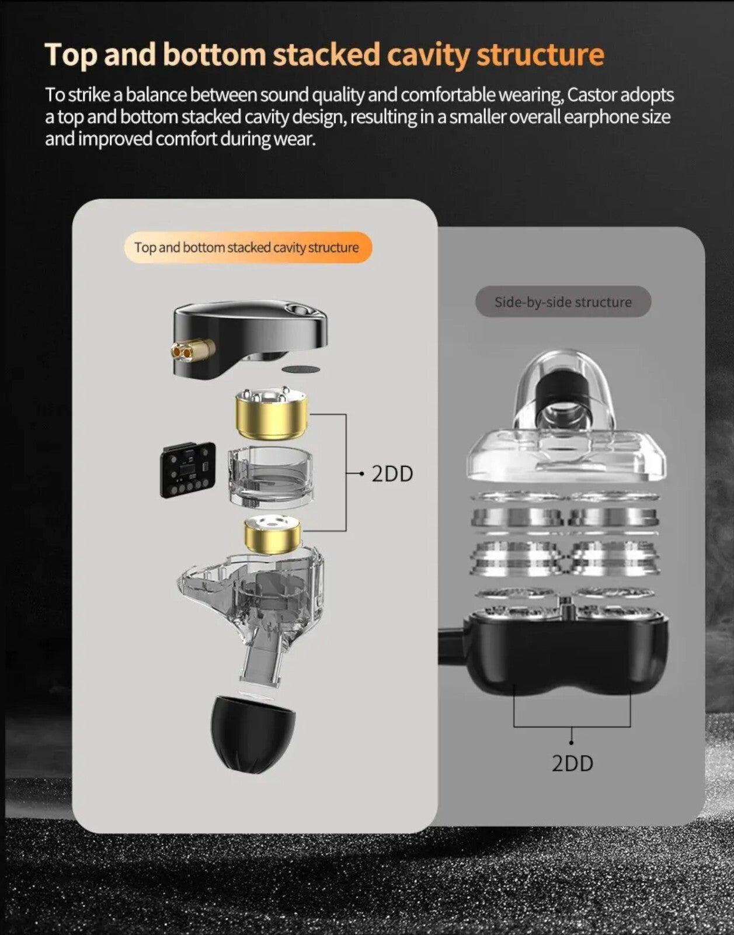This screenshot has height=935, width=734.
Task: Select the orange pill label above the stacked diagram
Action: pos(248,247)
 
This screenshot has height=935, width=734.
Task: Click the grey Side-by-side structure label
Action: pos(563,302)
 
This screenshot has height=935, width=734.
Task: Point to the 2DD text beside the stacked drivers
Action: pos(392,474)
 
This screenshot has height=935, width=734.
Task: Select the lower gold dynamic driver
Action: pos(273,535)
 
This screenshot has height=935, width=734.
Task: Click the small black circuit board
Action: pos(188,470)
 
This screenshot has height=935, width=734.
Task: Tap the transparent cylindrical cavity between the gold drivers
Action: pos(270,477)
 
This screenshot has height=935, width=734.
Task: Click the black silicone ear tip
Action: pos(253,735)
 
